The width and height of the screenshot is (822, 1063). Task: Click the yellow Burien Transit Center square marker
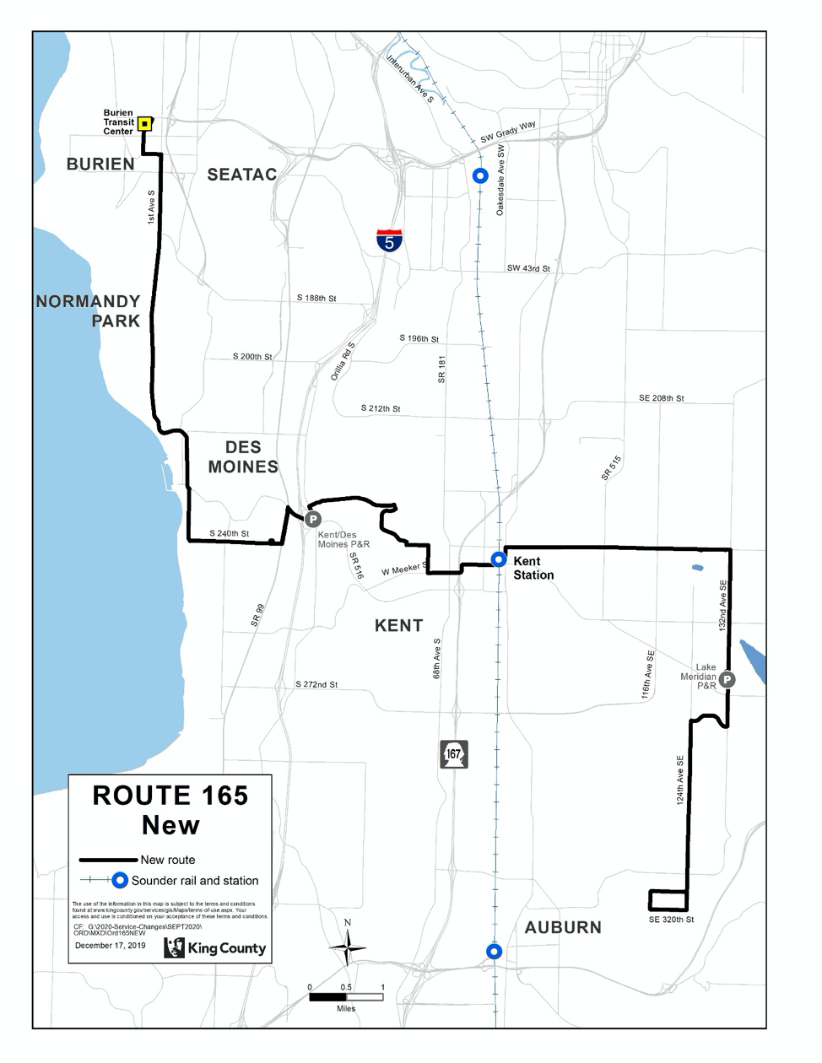pos(145,123)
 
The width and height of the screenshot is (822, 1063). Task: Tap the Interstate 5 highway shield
pos(389,240)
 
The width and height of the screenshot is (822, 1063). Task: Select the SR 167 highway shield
pos(454,753)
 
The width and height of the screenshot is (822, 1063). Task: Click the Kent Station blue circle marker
pos(499,558)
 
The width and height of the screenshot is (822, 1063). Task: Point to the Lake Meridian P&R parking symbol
pos(727,679)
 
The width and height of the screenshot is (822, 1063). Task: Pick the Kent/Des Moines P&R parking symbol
pos(312,519)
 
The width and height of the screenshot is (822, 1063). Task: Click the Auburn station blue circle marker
pos(494,951)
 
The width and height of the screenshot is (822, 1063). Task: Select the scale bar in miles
pos(346,996)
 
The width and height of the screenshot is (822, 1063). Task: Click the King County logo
pos(215,947)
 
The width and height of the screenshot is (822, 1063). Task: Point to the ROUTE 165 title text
pos(170,796)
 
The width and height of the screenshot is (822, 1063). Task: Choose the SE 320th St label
pos(671,920)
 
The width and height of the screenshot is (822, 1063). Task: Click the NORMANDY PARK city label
pos(89,310)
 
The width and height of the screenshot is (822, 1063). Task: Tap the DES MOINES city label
pos(243,456)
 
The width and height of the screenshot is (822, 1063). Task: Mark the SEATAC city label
pos(242,174)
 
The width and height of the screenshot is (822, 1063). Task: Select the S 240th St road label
pos(230,533)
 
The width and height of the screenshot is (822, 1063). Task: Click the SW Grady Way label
pos(508,132)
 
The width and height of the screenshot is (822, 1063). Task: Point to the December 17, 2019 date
pos(110,945)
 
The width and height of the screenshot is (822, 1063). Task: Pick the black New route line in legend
pos(107,860)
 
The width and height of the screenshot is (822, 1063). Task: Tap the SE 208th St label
pos(661,398)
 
